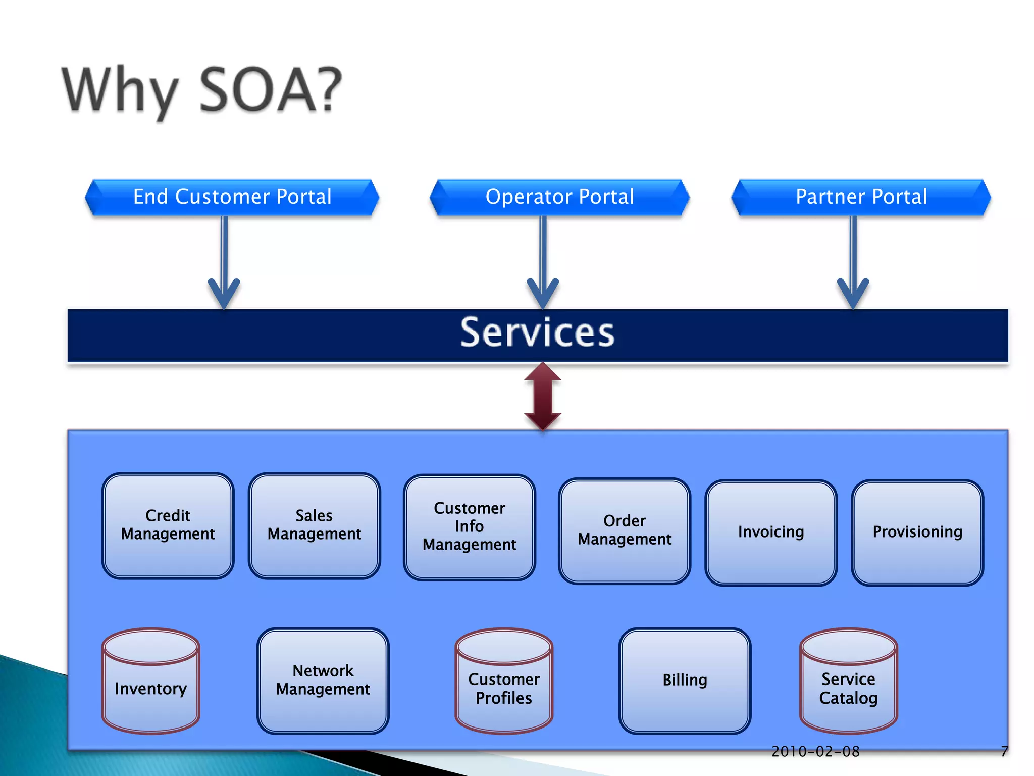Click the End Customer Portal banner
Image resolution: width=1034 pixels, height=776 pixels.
click(232, 197)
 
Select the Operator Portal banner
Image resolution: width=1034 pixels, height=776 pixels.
click(559, 197)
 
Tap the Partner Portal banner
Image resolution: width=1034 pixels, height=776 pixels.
click(861, 197)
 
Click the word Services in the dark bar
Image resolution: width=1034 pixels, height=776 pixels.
click(537, 333)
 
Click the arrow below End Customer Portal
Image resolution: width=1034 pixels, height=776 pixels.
click(224, 263)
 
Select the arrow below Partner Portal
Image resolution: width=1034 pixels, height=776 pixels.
click(853, 263)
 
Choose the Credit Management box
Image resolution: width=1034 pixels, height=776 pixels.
click(168, 525)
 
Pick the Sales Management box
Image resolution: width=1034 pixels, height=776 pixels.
click(314, 525)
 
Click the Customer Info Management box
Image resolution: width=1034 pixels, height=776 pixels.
click(470, 527)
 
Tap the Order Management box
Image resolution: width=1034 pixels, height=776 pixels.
click(625, 530)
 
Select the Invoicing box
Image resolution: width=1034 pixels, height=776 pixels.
click(771, 532)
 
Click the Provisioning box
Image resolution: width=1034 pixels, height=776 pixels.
click(917, 532)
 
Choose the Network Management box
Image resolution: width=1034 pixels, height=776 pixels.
click(323, 681)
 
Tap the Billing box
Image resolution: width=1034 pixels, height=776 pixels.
click(685, 681)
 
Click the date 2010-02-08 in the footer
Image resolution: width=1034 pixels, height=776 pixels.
click(815, 752)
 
